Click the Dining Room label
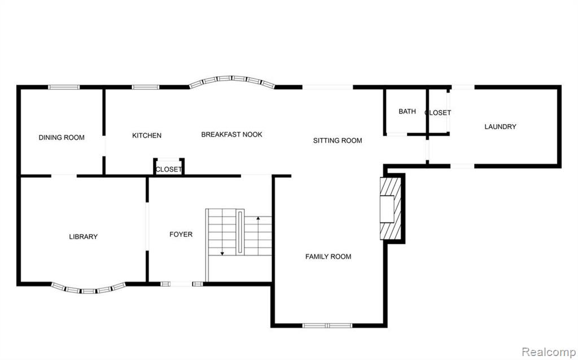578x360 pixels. click(62, 138)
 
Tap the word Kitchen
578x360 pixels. click(147, 135)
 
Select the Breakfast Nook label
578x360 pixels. click(231, 134)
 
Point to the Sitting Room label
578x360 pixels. click(338, 141)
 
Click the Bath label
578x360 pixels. click(407, 111)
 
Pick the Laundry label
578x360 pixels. click(500, 127)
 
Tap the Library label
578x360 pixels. click(84, 236)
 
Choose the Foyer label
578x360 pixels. click(181, 234)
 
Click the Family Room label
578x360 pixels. click(328, 257)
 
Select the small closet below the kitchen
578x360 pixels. click(169, 166)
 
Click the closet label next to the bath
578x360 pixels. click(437, 113)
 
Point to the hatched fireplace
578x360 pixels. click(391, 209)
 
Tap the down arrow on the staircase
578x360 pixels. click(222, 232)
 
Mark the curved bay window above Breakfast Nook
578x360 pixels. click(232, 78)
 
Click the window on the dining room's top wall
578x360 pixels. click(64, 87)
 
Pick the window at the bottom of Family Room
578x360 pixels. click(327, 326)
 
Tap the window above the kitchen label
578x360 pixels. click(146, 87)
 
